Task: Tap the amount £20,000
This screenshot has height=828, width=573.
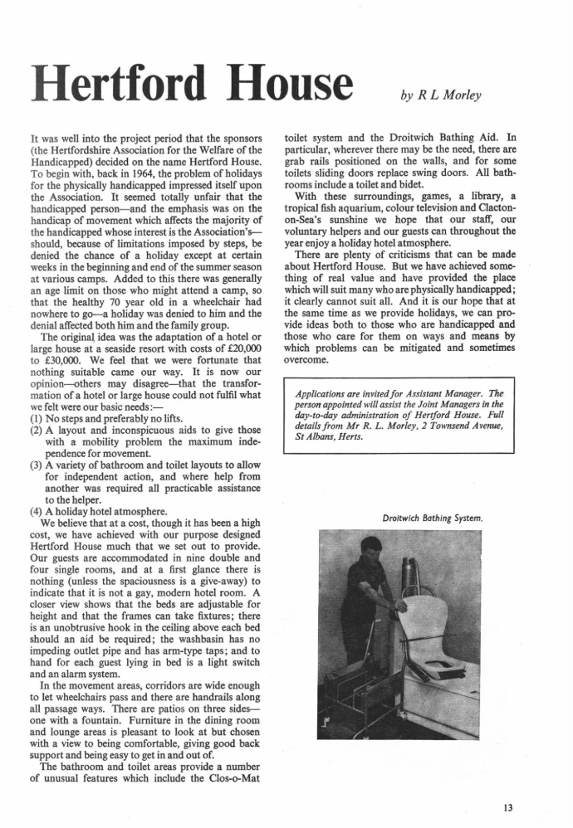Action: pos(244,326)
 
